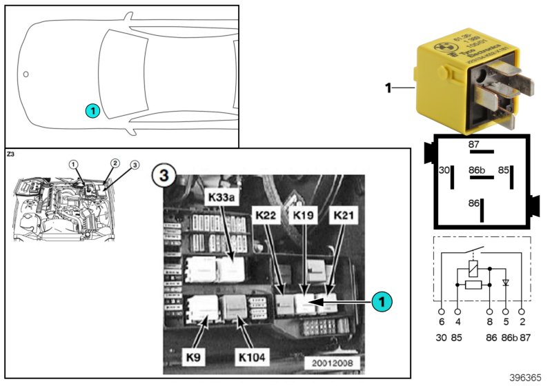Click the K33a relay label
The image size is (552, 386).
click(x=222, y=197)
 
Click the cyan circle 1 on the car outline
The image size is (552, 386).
click(x=92, y=110)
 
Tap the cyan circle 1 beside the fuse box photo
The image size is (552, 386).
click(x=382, y=301)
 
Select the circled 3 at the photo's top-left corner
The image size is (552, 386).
click(x=164, y=175)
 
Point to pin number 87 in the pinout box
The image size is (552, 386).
click(x=473, y=144)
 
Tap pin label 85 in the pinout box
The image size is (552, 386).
click(x=504, y=168)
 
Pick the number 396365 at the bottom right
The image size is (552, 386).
click(x=526, y=378)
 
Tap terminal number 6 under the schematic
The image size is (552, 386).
click(x=442, y=322)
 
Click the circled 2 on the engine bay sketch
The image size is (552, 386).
click(x=115, y=163)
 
